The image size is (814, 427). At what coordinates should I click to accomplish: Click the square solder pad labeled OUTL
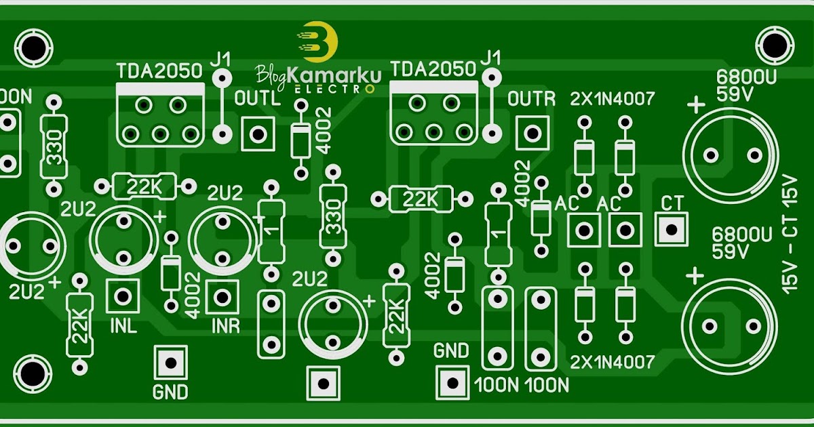pyautogui.click(x=258, y=134)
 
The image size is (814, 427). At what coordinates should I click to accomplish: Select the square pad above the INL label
pyautogui.click(x=123, y=296)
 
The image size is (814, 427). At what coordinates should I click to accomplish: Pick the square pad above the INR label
pyautogui.click(x=221, y=296)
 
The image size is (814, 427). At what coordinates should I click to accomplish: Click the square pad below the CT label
pyautogui.click(x=671, y=229)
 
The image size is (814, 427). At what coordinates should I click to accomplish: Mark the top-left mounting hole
pyautogui.click(x=31, y=45)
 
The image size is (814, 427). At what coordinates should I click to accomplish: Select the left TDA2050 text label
pyautogui.click(x=159, y=70)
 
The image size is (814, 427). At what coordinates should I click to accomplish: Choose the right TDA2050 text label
pyautogui.click(x=434, y=69)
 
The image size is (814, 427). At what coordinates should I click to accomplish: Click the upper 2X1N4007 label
pyautogui.click(x=613, y=99)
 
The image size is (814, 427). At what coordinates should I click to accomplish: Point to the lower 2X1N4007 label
pyautogui.click(x=613, y=362)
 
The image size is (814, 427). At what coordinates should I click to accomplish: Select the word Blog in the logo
pyautogui.click(x=271, y=74)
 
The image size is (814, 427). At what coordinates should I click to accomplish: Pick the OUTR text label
pyautogui.click(x=532, y=99)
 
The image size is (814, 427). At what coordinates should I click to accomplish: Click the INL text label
pyautogui.click(x=123, y=327)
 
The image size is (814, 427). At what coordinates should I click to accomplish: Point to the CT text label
pyautogui.click(x=671, y=203)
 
